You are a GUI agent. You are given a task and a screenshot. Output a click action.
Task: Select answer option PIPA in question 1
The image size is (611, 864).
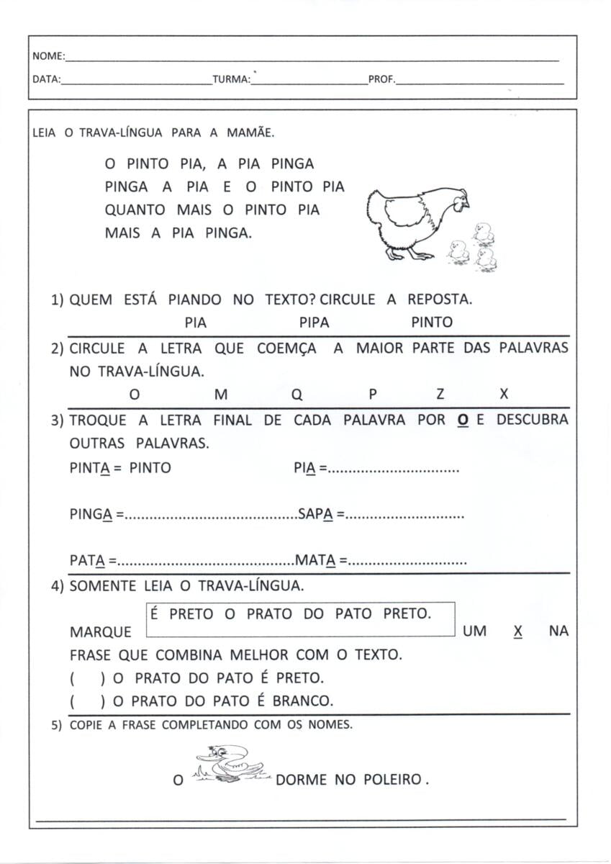314,323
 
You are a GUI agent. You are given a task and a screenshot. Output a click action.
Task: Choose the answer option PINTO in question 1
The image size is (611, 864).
432,323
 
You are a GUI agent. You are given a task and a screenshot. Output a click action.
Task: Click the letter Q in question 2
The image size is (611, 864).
298,395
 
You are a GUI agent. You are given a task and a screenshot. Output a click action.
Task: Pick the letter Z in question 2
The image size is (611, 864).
440,395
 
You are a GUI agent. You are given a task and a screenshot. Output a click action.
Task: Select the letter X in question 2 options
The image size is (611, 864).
504,394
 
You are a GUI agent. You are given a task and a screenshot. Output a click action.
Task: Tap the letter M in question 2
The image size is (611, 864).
221,395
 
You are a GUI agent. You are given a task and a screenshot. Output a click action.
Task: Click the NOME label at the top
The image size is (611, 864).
48,56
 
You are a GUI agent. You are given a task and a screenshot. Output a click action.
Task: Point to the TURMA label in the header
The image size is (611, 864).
231,80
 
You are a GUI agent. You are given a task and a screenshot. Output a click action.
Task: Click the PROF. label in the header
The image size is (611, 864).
381,80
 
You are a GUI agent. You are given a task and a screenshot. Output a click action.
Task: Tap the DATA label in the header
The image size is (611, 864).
47,80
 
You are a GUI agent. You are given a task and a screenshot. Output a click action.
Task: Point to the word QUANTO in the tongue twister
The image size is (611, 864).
136,210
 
